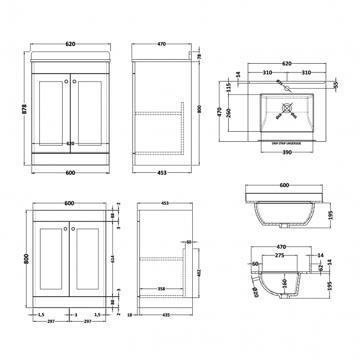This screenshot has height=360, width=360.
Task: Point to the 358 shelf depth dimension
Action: [x=161, y=288]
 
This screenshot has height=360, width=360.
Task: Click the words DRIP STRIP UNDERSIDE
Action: [x=286, y=143]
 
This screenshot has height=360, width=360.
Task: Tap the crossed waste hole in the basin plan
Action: [x=287, y=107]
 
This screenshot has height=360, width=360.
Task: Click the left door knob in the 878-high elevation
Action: [x=66, y=82]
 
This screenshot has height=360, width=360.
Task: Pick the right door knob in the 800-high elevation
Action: [x=72, y=227]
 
